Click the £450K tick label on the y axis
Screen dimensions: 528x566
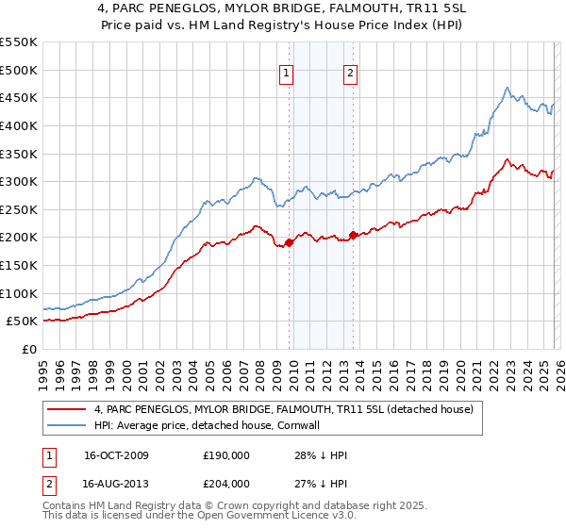point(19,97)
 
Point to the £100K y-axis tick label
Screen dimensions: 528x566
point(19,293)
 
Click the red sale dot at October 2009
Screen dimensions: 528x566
point(289,242)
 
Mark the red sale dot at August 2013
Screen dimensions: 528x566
point(353,235)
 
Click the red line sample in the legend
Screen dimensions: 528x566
point(67,409)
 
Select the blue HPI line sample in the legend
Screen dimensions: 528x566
point(67,425)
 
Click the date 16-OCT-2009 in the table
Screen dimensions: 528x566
point(116,455)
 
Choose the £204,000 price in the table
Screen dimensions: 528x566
point(225,482)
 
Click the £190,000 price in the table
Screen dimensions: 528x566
point(225,455)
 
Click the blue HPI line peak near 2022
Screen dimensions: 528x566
point(507,89)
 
